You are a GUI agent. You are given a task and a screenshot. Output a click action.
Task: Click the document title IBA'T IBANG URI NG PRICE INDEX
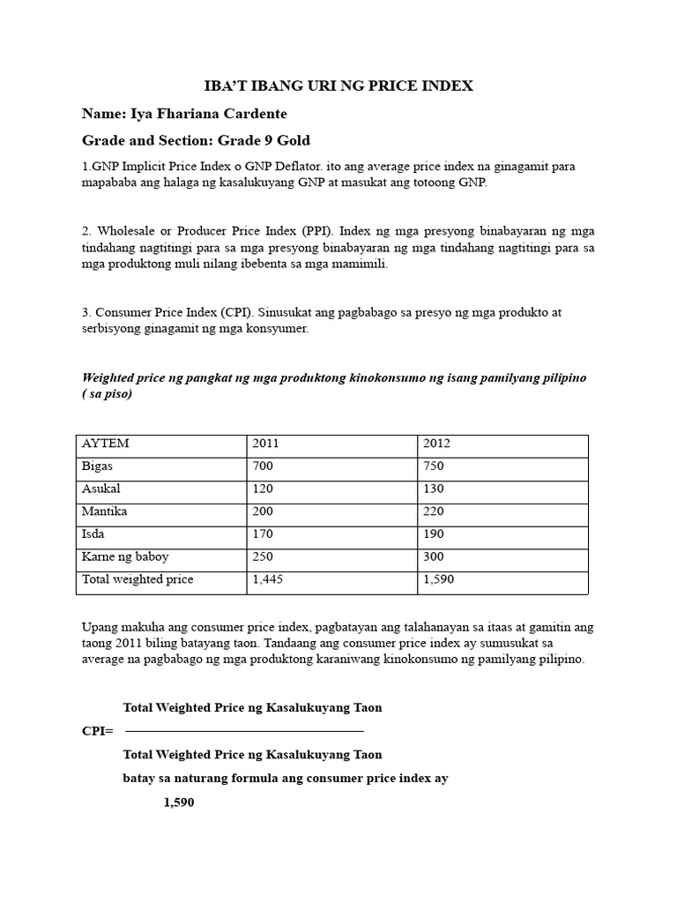[338, 86]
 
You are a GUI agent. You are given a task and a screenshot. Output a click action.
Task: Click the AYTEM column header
[105, 444]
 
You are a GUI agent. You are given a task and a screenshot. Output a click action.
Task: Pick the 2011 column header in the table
[265, 444]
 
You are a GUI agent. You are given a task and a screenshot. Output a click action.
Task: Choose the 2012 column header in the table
[436, 444]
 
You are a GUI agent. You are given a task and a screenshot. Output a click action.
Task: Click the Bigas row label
[97, 466]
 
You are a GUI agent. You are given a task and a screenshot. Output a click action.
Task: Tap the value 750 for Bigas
[435, 466]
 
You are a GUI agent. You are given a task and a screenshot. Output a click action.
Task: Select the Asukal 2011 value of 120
[264, 489]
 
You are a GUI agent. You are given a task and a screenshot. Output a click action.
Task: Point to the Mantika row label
[103, 511]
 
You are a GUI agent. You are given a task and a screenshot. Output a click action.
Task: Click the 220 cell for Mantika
[435, 511]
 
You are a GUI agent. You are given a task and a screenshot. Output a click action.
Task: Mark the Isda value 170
[264, 534]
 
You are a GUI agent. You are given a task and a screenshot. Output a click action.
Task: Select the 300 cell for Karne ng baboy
[435, 557]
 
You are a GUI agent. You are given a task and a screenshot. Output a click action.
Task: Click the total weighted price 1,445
[266, 580]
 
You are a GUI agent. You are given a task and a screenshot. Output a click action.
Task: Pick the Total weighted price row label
[137, 580]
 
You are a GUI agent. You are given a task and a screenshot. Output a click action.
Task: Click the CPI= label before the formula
[97, 731]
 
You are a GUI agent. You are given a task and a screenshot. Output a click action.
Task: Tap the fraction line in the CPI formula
[244, 731]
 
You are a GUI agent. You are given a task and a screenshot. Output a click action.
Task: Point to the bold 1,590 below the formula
[179, 802]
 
